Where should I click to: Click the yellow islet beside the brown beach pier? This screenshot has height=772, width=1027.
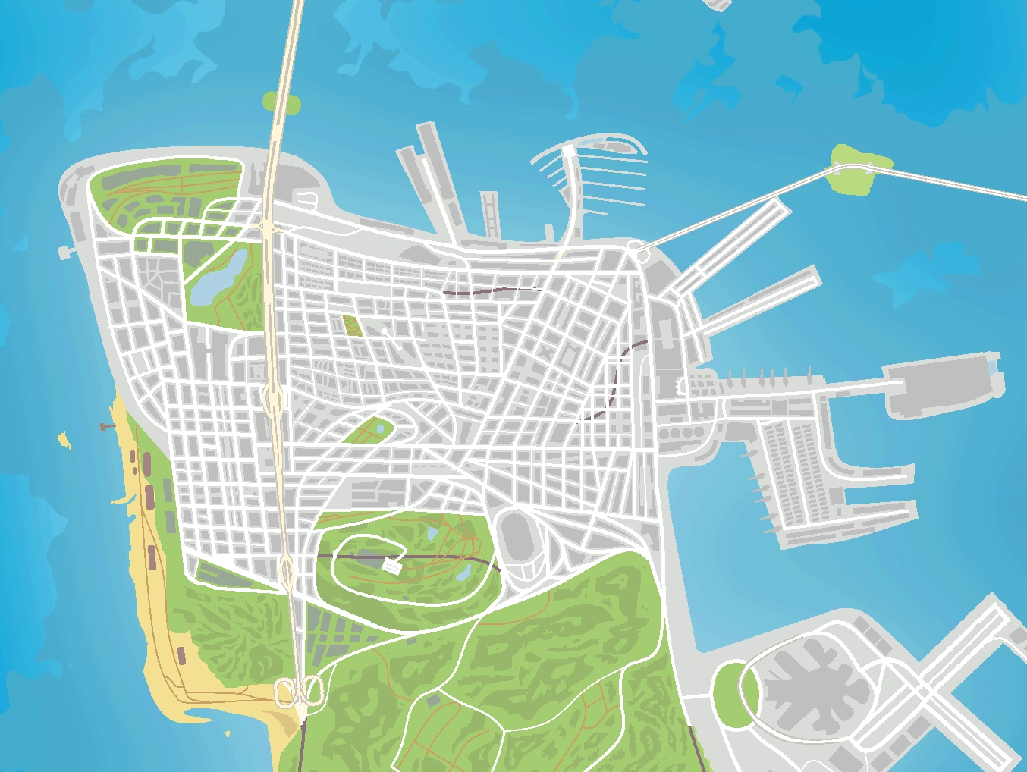(64, 439)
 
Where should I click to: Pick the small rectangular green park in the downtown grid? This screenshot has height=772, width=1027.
(351, 325)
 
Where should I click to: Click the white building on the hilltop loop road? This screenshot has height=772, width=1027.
(391, 565)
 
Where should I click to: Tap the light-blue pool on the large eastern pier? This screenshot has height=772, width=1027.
(994, 366)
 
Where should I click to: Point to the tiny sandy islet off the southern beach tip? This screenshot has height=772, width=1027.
(227, 733)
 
